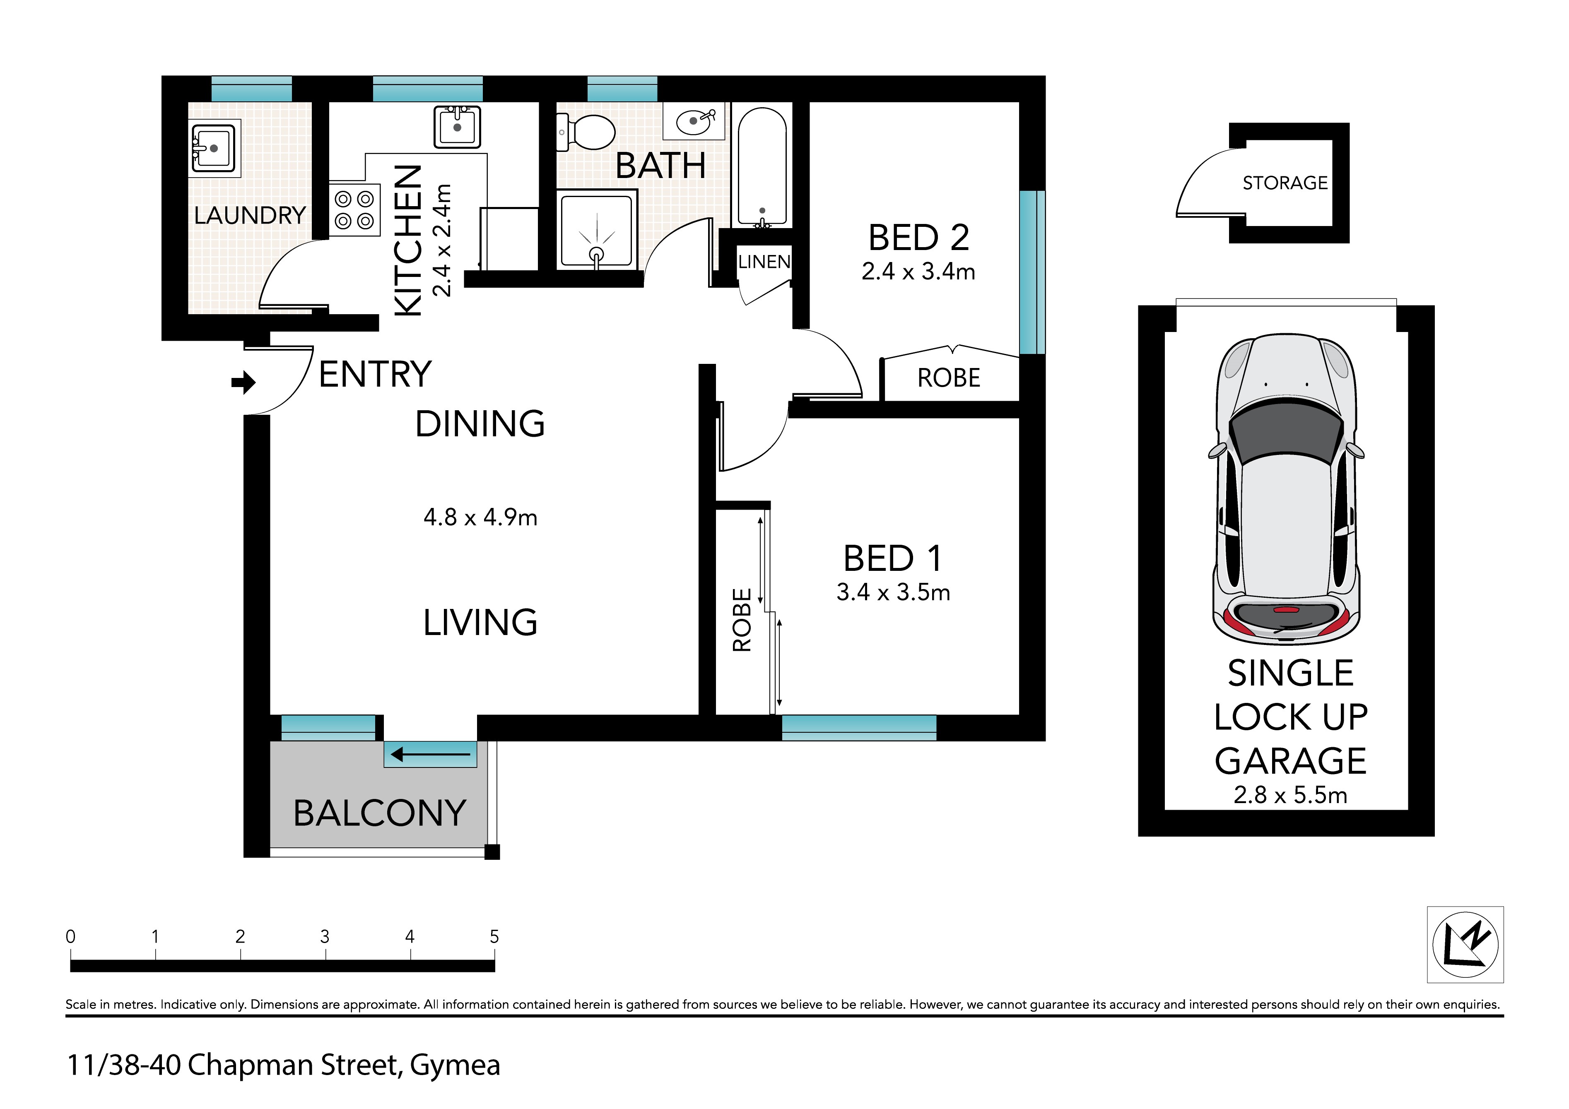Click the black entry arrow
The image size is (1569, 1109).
(x=243, y=382)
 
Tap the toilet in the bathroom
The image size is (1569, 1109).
(x=586, y=131)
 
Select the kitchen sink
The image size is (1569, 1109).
(x=457, y=126)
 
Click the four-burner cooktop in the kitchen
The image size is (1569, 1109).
(x=354, y=210)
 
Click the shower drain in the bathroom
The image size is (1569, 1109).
(x=597, y=255)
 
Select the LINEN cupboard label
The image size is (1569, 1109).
(x=764, y=262)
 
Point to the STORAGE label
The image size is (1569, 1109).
(x=1285, y=183)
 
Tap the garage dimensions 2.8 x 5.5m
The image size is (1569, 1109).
(x=1290, y=795)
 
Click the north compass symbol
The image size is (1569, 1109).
(x=1465, y=944)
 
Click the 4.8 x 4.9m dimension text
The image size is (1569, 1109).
(x=480, y=517)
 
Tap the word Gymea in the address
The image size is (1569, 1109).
(x=455, y=1065)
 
